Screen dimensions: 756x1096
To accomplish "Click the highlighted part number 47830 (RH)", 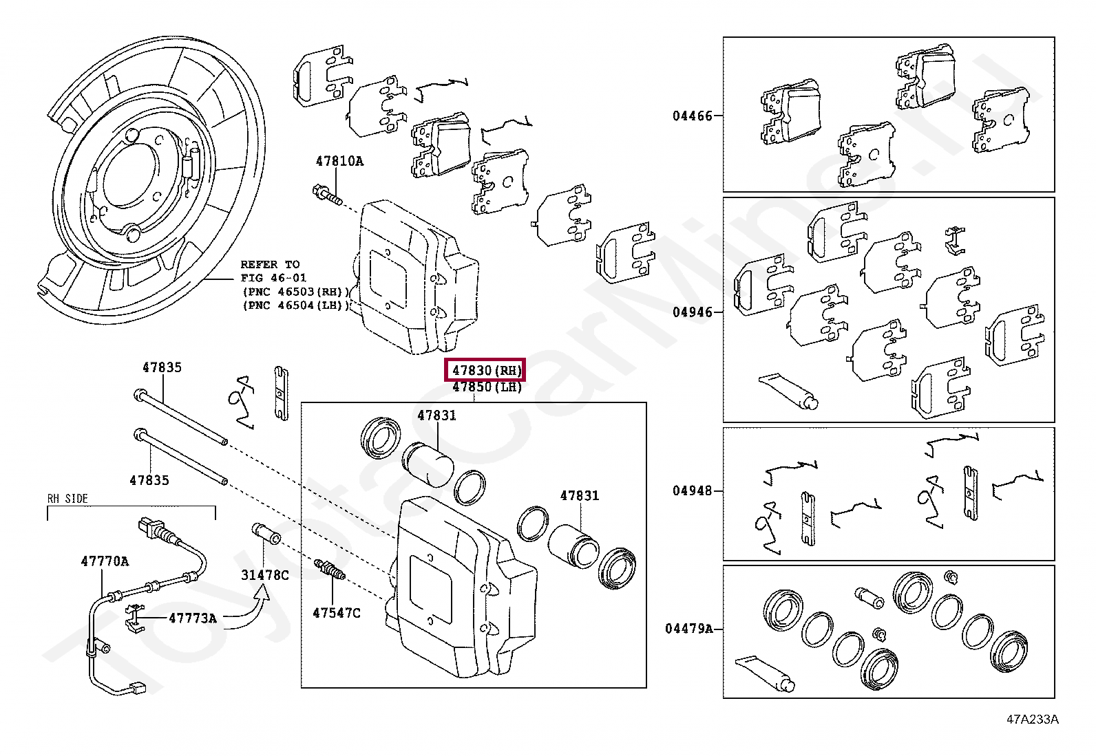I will tap(485, 370).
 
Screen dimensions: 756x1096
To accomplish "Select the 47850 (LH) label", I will tap(486, 387).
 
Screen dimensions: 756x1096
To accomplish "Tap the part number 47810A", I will tap(339, 162).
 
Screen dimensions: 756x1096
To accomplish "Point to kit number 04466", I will tap(693, 116).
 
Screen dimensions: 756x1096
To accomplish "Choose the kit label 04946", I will tap(693, 312).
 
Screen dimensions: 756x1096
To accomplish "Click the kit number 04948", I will tap(693, 491).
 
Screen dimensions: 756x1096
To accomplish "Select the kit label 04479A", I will tap(689, 629).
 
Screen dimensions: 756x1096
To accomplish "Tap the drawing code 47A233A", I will tap(1032, 720).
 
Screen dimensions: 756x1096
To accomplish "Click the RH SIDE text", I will tap(67, 499).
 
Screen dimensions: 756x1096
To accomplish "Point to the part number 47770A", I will tap(105, 561).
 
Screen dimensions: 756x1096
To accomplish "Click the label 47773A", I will tap(193, 618).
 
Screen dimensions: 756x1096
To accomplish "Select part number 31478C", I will tap(265, 575).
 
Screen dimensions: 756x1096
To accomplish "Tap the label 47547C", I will tap(336, 613).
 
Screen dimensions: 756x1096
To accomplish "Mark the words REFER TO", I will tap(270, 264).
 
